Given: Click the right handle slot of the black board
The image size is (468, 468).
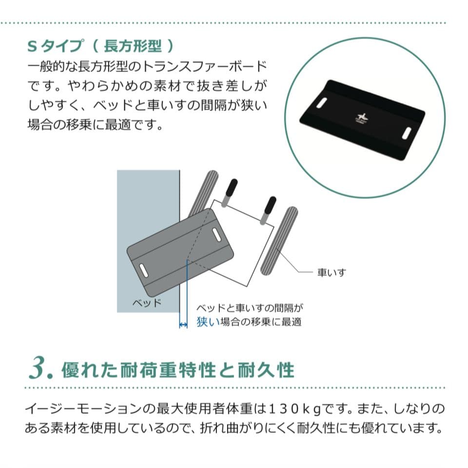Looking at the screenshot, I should point(407,132).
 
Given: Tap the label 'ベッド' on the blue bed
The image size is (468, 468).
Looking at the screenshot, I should point(147,302).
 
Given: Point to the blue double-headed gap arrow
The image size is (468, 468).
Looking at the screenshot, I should point(183,324).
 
